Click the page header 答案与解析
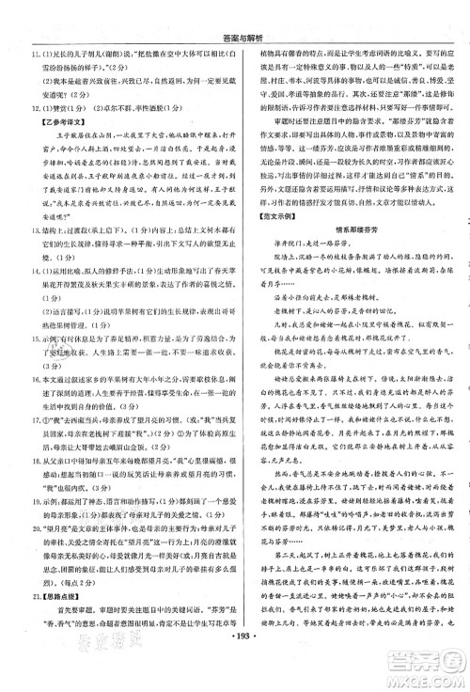(235, 8)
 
